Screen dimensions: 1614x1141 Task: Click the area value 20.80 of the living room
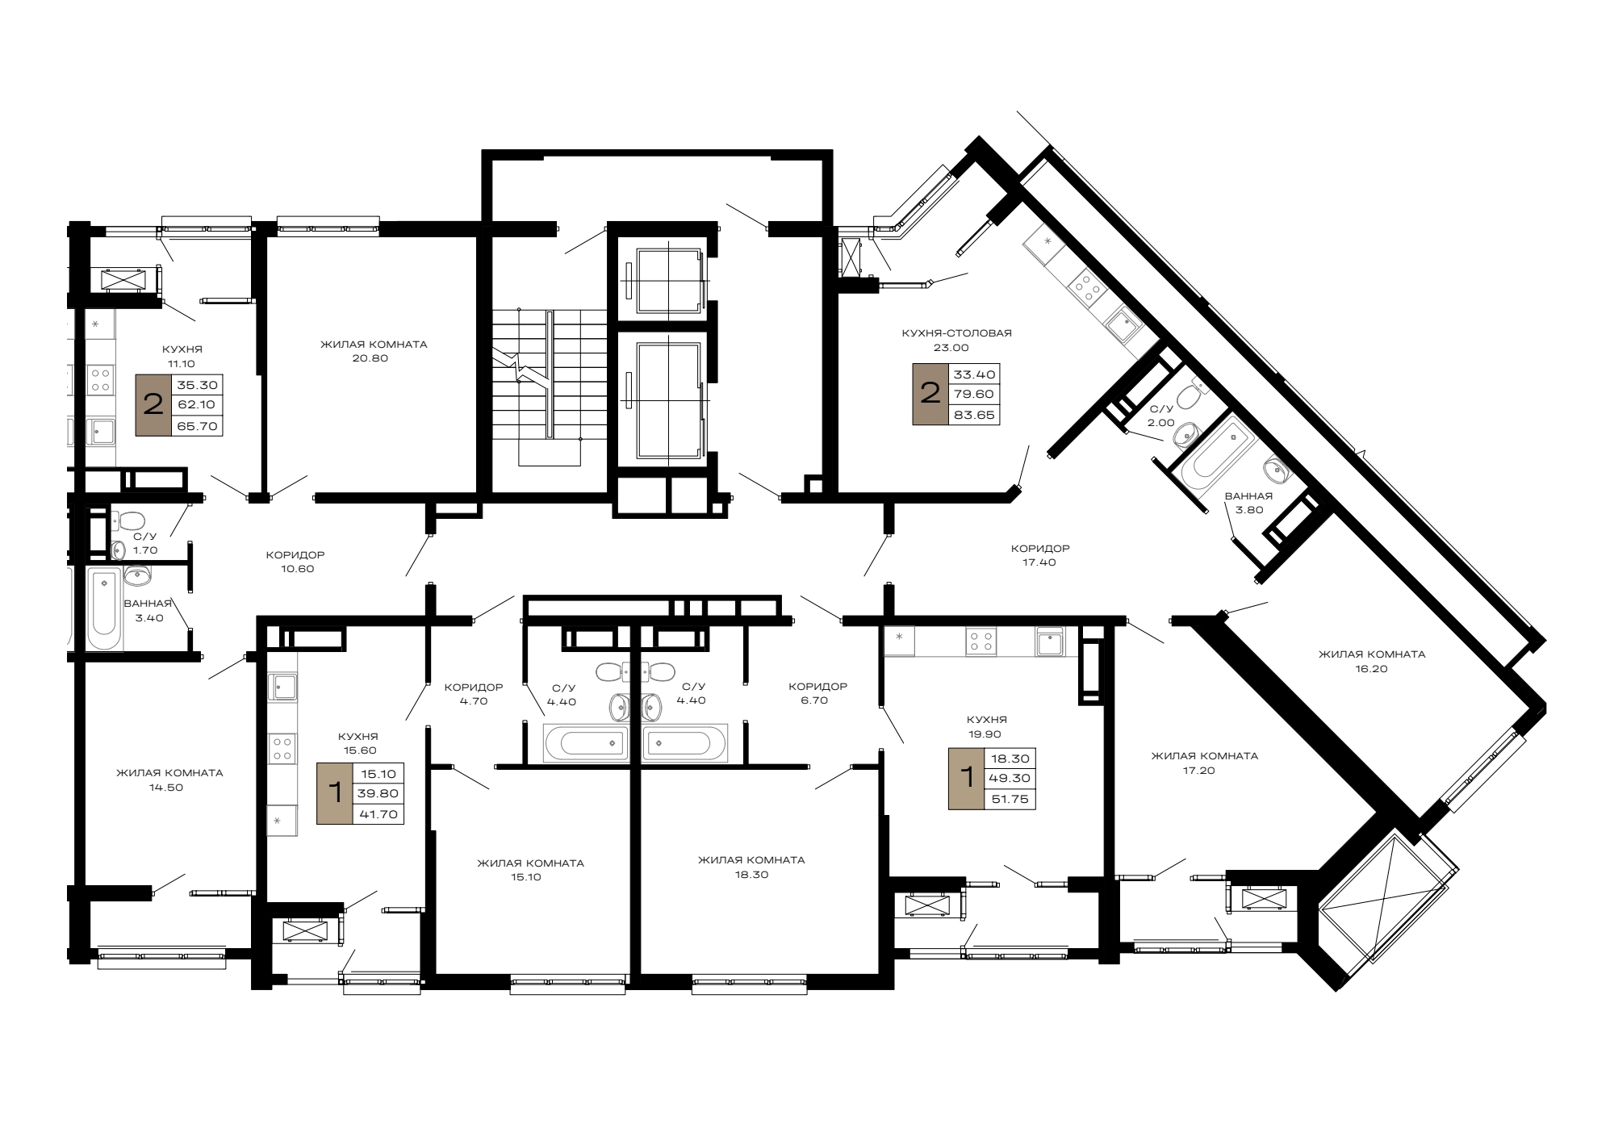click(370, 358)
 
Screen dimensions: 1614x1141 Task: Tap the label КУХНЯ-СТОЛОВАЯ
click(956, 332)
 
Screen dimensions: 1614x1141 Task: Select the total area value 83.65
click(974, 416)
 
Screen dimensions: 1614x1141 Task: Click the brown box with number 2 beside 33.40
click(930, 394)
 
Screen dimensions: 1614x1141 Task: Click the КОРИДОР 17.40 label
click(1039, 555)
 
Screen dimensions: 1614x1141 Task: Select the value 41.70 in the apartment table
click(378, 814)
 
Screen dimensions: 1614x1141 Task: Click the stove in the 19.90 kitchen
click(981, 642)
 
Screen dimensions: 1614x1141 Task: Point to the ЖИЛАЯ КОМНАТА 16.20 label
click(1372, 661)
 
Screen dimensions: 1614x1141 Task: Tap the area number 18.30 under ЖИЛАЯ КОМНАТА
click(751, 874)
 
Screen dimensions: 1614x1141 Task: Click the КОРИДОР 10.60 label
click(296, 562)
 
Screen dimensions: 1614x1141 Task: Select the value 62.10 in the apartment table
click(197, 405)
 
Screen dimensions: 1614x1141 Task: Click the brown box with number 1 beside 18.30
click(966, 779)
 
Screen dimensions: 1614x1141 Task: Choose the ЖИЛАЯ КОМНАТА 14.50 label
click(169, 779)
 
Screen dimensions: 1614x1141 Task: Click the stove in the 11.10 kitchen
click(102, 380)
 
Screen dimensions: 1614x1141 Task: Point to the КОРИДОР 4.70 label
click(474, 694)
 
